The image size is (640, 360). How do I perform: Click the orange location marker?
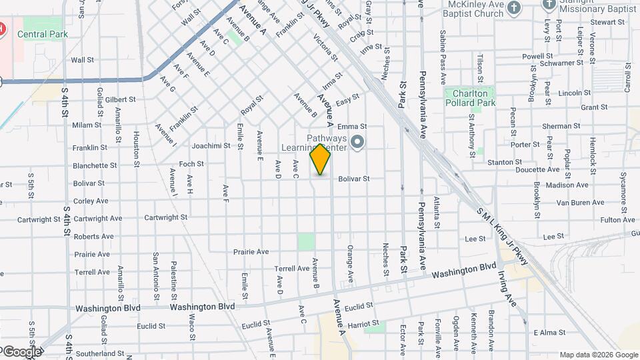point(320,159)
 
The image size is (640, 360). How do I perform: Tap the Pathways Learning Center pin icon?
point(357,141)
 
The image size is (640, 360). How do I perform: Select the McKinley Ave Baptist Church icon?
point(513,8)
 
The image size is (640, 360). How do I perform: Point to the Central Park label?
point(41,34)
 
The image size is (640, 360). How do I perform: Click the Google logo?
point(21,351)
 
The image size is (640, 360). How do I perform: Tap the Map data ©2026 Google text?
point(598,355)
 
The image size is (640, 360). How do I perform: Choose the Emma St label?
point(352,126)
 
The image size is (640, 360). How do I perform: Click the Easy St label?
point(347,99)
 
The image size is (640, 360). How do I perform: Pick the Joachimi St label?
point(211,145)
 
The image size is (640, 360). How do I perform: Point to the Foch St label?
point(191,163)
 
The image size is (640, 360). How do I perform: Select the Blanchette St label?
point(95,165)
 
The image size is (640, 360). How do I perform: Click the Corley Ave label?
point(91,201)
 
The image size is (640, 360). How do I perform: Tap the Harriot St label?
point(363,324)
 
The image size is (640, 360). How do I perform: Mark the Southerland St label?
point(100,353)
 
